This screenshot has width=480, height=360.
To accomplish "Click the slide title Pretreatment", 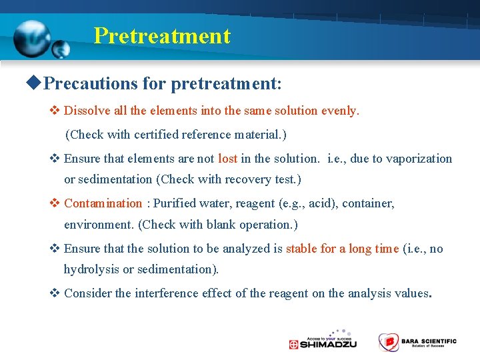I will [162, 35].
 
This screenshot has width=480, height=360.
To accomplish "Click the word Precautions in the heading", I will [89, 84].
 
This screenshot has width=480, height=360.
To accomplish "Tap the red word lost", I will [227, 159].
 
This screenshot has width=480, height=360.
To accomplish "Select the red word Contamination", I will [103, 203].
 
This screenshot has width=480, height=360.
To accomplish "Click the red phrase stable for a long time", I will [342, 249].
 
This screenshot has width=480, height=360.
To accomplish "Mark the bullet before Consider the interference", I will [55, 293].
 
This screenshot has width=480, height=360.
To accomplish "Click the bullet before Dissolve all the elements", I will [55, 111].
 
